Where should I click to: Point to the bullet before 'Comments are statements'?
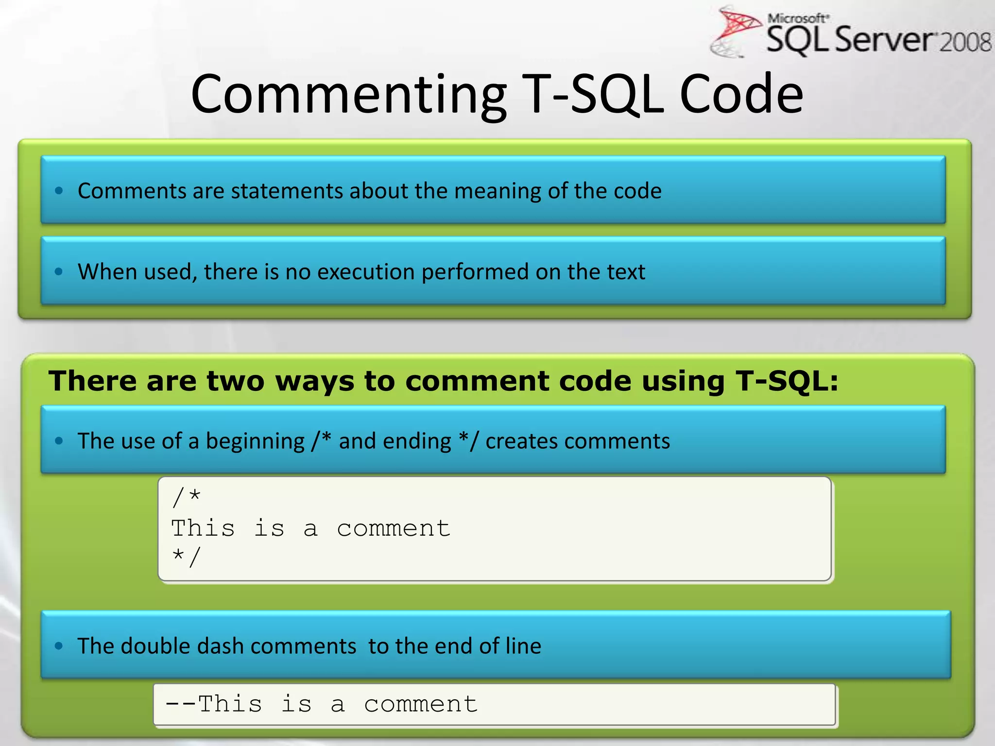tap(59, 191)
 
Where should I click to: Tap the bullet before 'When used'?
tap(59, 271)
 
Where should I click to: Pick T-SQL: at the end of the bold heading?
tap(787, 381)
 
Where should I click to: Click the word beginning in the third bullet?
tap(255, 441)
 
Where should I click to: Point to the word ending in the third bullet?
tap(421, 441)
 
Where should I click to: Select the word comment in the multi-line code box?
tap(394, 528)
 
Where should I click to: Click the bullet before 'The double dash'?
tap(59, 646)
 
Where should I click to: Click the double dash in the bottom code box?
tap(181, 704)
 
